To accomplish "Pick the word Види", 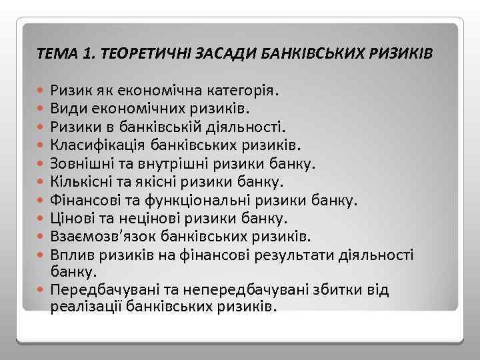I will (x=65, y=107).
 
